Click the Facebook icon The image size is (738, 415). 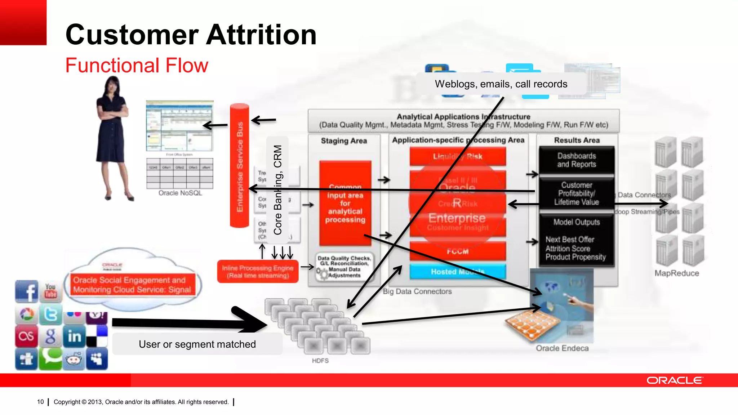26,291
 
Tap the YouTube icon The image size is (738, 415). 50,291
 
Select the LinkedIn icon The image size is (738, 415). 74,336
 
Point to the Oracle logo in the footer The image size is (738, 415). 674,380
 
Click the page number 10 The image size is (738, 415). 40,402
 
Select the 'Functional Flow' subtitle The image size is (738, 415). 137,65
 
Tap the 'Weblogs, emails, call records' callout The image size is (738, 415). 501,84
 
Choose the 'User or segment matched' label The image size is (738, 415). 197,344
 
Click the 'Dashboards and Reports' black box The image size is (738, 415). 577,160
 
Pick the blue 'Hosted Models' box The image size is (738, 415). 458,272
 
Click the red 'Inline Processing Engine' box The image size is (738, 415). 258,272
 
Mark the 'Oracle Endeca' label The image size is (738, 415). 562,348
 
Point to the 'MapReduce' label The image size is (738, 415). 677,273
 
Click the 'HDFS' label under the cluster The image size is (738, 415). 320,361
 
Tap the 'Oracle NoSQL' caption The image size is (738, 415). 180,193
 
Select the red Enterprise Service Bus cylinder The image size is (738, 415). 240,166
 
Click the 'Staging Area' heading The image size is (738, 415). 344,141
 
